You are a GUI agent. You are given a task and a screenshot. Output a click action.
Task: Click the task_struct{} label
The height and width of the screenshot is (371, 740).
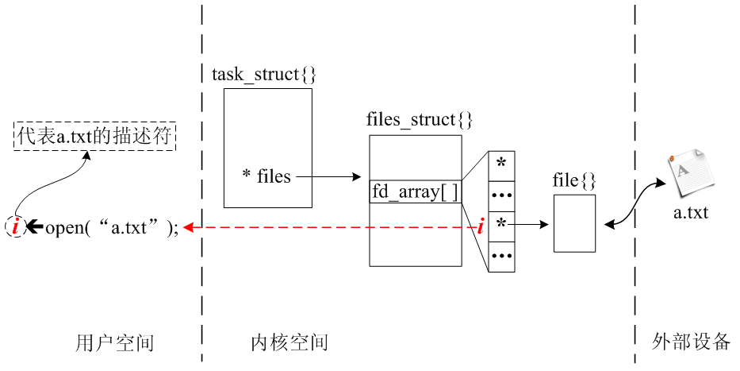(264, 75)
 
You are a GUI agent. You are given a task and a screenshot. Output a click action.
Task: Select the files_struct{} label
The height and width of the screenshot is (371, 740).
(420, 121)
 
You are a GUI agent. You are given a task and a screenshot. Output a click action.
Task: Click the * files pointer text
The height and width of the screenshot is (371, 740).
(266, 176)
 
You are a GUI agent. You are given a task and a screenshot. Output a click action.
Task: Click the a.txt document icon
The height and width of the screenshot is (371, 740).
(687, 174)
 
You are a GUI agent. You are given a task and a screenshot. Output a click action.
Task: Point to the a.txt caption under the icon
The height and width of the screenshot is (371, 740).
(690, 212)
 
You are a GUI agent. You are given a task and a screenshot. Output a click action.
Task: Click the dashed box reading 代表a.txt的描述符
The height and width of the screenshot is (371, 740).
(94, 136)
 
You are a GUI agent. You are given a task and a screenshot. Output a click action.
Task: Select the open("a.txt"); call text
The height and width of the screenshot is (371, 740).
(112, 228)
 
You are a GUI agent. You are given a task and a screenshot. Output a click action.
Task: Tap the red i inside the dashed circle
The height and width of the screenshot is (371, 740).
(15, 227)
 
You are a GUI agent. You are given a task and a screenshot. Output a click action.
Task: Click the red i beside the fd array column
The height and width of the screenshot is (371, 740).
(481, 227)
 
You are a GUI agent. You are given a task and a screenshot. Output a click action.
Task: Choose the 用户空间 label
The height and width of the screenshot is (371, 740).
(114, 343)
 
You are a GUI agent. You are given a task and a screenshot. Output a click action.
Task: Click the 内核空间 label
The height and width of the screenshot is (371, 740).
(289, 343)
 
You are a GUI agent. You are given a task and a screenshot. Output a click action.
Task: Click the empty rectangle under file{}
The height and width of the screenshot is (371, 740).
(574, 223)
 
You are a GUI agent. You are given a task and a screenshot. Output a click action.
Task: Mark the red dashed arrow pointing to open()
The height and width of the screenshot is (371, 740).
(333, 228)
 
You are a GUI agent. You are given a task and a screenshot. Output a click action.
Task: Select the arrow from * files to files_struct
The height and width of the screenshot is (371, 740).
(327, 177)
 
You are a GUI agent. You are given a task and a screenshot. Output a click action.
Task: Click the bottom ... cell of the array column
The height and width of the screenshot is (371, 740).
(501, 257)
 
